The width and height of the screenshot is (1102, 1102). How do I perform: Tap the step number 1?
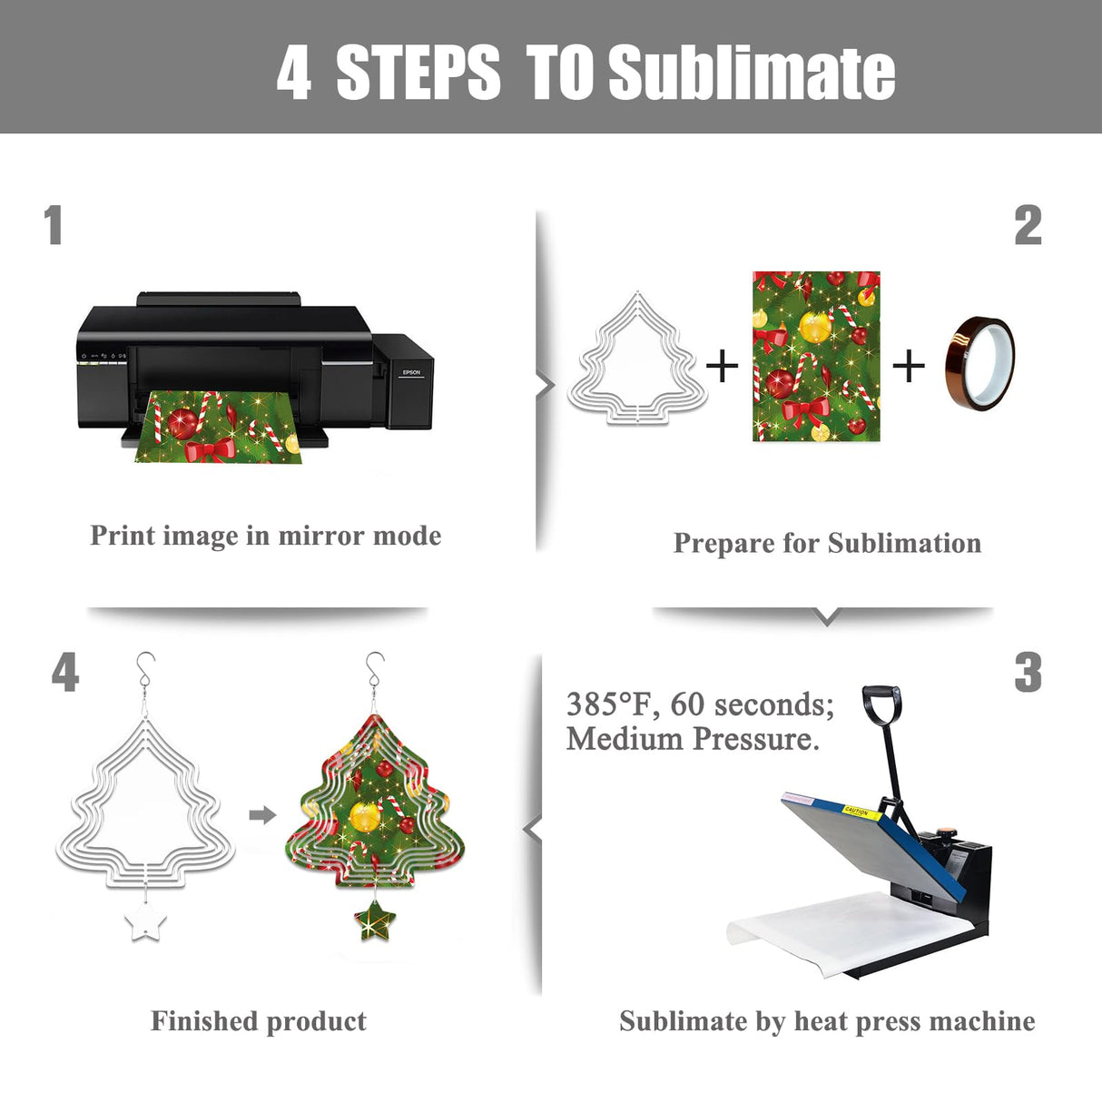coord(54,225)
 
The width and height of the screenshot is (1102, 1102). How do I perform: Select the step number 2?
coord(1028,225)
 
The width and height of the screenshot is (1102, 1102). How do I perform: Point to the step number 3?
coord(1028,674)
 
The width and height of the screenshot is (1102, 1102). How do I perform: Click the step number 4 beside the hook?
coord(65,674)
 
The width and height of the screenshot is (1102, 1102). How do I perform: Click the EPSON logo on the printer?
coord(411,372)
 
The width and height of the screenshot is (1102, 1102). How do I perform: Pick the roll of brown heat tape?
coord(979,364)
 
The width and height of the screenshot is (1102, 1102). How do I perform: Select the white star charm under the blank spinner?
coord(146,921)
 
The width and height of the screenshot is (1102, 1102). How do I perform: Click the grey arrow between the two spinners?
coord(263,815)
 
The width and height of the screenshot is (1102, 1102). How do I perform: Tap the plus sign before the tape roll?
coord(908,365)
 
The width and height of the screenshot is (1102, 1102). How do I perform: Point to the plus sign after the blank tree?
coord(722,365)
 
